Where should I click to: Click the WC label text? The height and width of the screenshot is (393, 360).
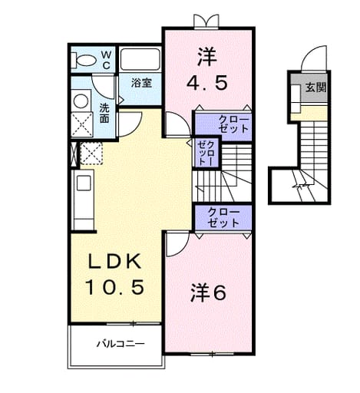click(x=106, y=60)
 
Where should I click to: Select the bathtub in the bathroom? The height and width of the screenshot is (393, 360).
click(x=140, y=59)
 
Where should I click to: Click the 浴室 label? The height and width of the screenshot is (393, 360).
click(x=141, y=83)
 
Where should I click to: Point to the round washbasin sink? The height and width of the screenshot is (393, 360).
click(x=81, y=101)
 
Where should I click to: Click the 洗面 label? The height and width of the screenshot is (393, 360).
click(x=104, y=114)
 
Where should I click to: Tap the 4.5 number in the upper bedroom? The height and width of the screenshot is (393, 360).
click(x=206, y=83)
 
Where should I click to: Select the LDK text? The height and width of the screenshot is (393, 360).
click(x=114, y=261)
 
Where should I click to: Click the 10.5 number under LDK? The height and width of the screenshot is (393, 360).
click(x=114, y=287)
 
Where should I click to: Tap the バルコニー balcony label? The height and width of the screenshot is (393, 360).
click(x=121, y=344)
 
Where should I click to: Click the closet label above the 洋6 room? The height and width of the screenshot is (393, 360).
click(x=223, y=217)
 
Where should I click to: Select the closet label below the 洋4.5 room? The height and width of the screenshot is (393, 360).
click(x=233, y=124)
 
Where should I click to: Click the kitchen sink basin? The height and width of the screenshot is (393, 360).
click(x=84, y=183)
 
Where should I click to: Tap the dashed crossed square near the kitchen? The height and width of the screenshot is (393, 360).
click(x=91, y=153)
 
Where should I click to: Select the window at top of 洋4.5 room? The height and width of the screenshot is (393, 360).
click(x=206, y=21)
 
